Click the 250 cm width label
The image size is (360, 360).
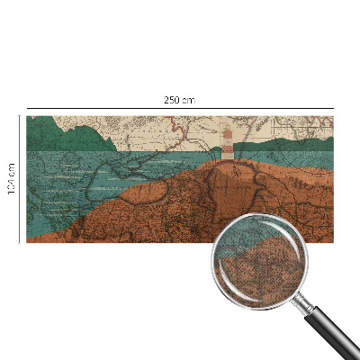[x=180, y=99]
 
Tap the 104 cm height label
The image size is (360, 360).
[x=12, y=178]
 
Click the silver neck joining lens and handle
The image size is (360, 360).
[x=305, y=301]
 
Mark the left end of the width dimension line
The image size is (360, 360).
[x=27, y=108]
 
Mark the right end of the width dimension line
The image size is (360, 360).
[x=333, y=108]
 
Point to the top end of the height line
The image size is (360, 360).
[x=20, y=116]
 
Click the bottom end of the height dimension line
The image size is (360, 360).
[x=20, y=242]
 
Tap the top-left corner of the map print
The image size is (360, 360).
[x=27, y=116]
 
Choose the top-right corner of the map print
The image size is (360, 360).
[x=333, y=116]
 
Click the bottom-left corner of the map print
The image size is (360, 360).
[x=27, y=242]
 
